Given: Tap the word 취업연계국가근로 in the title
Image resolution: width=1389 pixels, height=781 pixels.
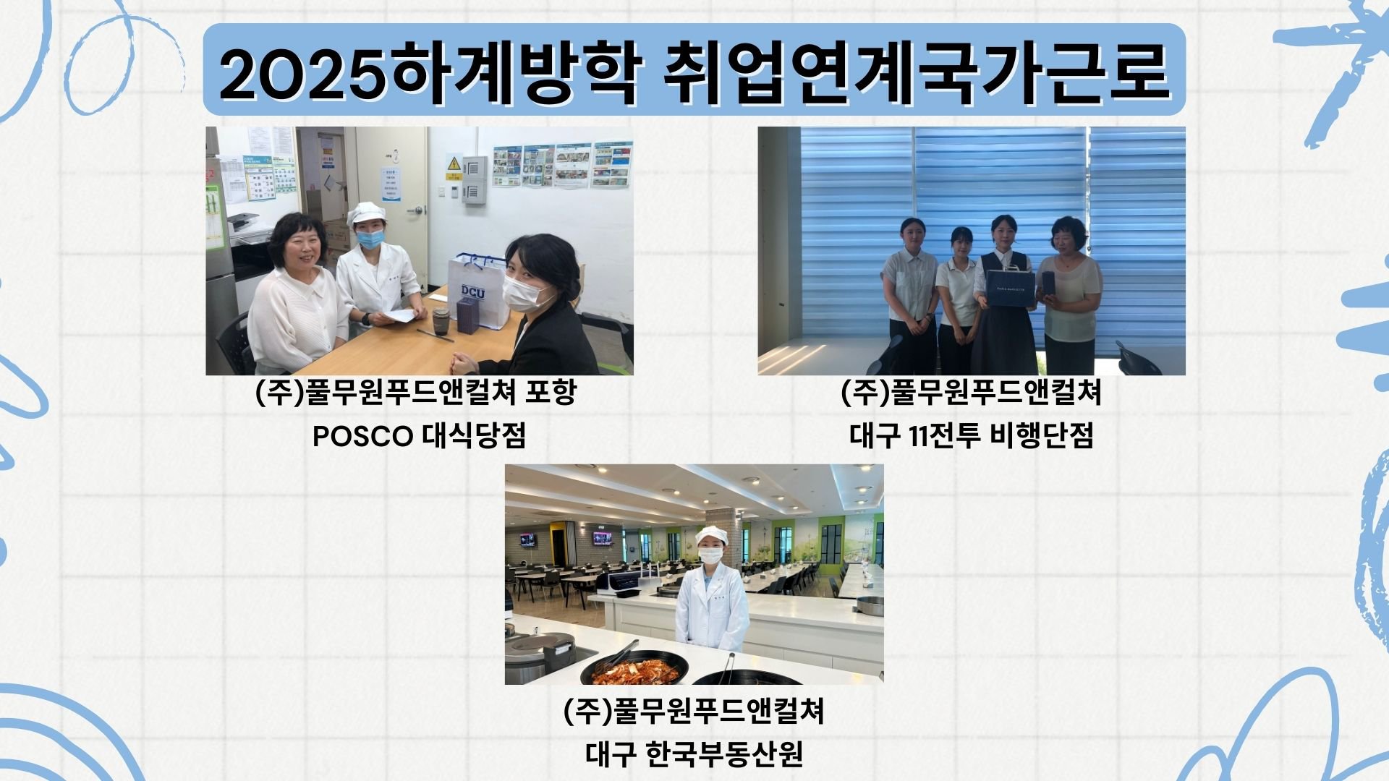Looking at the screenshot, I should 916,70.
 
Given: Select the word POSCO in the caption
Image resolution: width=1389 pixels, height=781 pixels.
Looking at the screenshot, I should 362,436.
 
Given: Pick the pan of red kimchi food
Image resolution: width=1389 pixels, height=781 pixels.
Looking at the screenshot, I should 632,670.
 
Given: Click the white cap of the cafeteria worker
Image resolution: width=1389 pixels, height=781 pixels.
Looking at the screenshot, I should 710,535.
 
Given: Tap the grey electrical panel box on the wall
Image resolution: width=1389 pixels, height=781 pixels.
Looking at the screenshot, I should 475,180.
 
